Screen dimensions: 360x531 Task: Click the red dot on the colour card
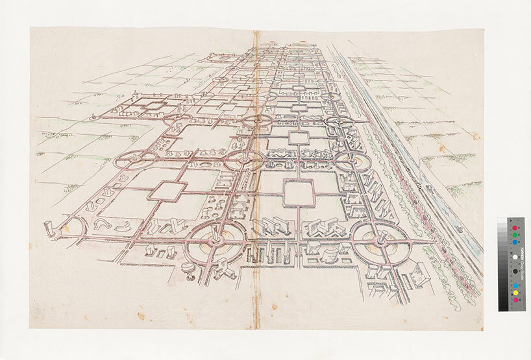(515, 228)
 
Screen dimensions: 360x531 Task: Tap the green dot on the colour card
(515, 235)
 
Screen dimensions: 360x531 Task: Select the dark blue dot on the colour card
(515, 243)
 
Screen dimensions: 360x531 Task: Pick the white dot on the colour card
(515, 256)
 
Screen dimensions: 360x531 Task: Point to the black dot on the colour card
(515, 270)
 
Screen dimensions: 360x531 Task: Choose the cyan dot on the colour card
(515, 285)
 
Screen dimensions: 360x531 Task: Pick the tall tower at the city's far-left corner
(49, 228)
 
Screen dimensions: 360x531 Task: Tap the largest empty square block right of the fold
(299, 193)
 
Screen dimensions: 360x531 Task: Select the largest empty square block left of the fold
(167, 191)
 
